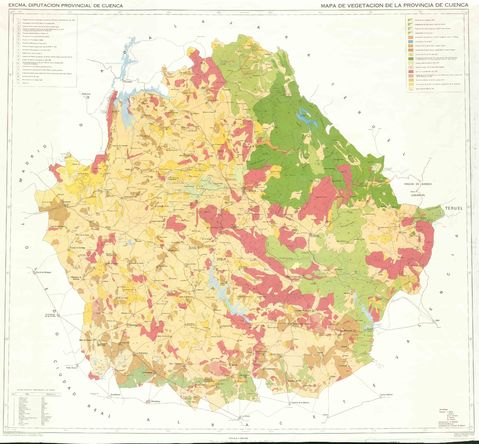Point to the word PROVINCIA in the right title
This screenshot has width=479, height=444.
427,6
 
